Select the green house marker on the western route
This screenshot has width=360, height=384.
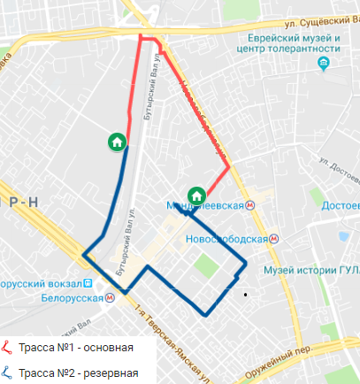pos(116,142)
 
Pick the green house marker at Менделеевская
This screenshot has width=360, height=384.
pos(196,196)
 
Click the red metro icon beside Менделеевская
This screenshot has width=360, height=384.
pos(251,204)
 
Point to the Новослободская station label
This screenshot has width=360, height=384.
pos(227,239)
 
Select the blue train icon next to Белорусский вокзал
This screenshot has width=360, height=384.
pos(88,285)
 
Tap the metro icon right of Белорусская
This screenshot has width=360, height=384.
pos(109,298)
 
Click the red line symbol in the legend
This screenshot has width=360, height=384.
pos(8,346)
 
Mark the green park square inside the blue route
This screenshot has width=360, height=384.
pos(205,265)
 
